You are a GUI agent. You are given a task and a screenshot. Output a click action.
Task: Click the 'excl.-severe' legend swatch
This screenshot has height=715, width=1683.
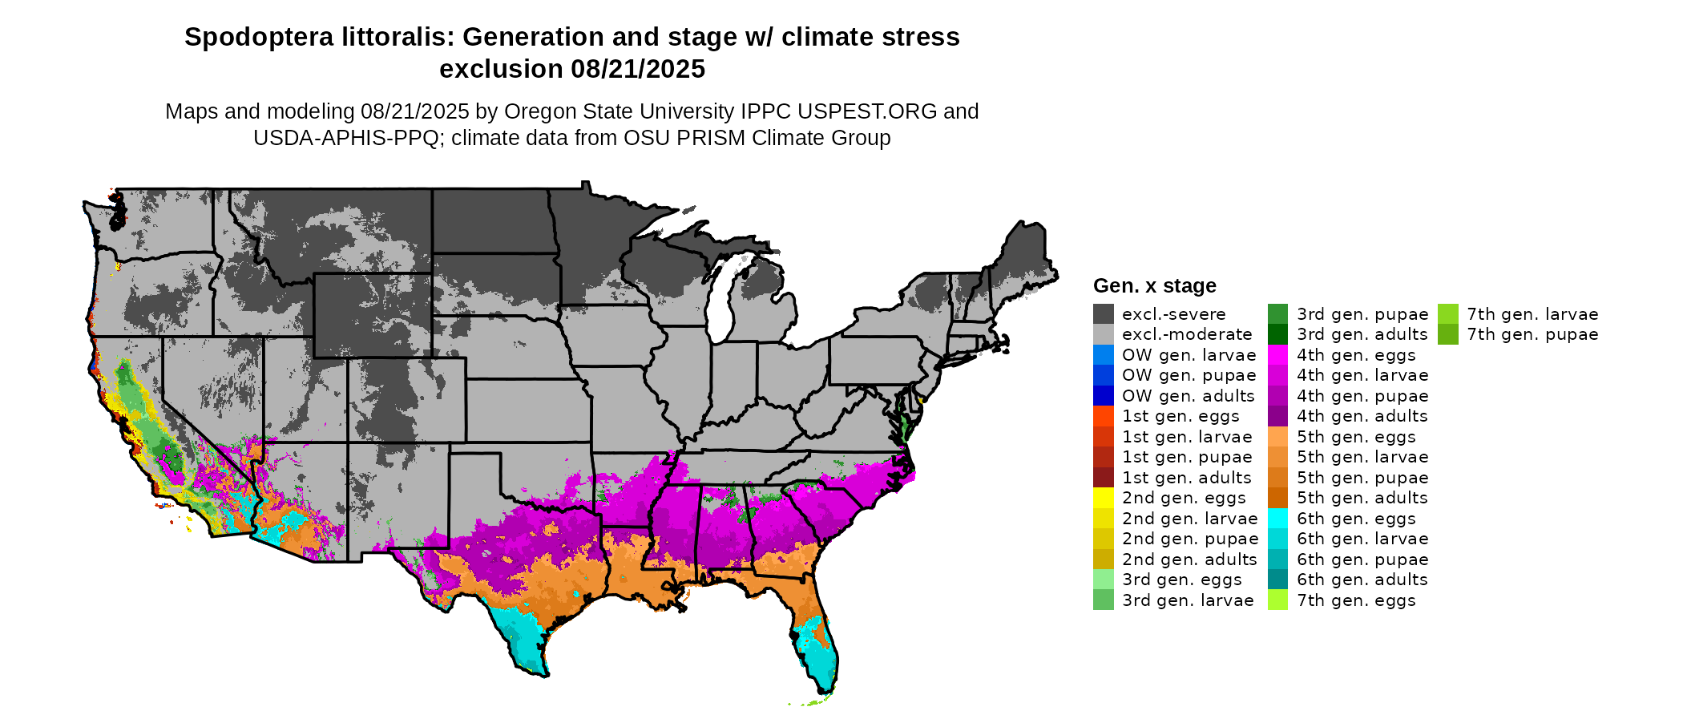coord(1103,314)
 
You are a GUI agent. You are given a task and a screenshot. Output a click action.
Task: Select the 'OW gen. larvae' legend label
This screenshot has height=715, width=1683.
coord(1189,355)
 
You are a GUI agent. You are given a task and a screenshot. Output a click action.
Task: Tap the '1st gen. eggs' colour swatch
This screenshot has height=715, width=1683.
coord(1103,416)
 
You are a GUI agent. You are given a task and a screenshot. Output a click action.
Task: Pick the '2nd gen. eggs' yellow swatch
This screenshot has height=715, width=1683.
coord(1103,498)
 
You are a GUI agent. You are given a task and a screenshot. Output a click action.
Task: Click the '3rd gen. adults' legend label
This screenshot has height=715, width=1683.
coord(1362,334)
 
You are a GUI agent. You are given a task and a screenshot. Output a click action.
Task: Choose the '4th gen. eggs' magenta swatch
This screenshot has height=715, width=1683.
coord(1278,355)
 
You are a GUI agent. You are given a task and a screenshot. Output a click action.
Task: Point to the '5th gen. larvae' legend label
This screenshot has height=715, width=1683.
coord(1362,457)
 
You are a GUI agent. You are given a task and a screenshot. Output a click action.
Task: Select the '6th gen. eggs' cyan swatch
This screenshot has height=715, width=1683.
coord(1278,519)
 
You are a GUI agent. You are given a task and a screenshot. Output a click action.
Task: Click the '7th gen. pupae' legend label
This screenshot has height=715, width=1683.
coord(1532,334)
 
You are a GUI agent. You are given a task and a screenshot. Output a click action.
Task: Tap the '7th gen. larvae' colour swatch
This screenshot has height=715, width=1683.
coord(1448,314)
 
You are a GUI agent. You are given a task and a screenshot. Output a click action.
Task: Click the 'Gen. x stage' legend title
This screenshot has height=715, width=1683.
coord(1154,286)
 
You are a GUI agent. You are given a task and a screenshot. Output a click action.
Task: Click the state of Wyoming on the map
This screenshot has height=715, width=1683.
coord(373,315)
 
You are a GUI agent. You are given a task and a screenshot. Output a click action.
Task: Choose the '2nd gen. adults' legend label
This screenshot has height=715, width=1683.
coord(1189,559)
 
